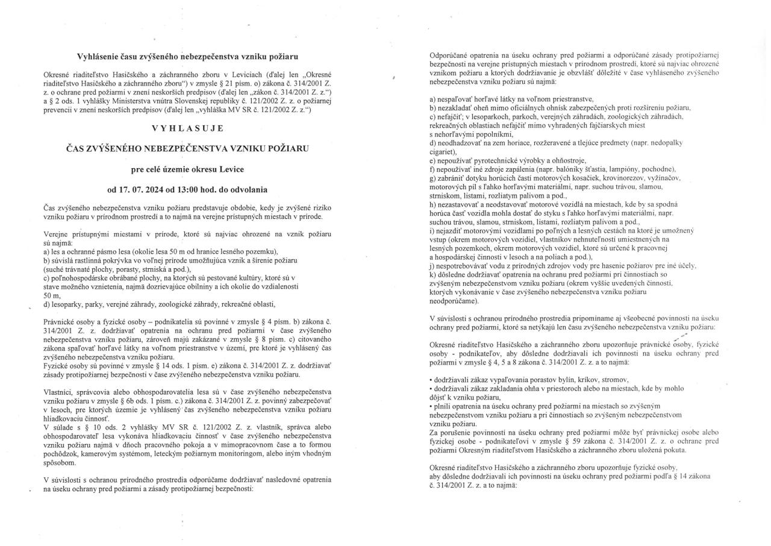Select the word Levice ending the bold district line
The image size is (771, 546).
(x=229, y=169)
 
